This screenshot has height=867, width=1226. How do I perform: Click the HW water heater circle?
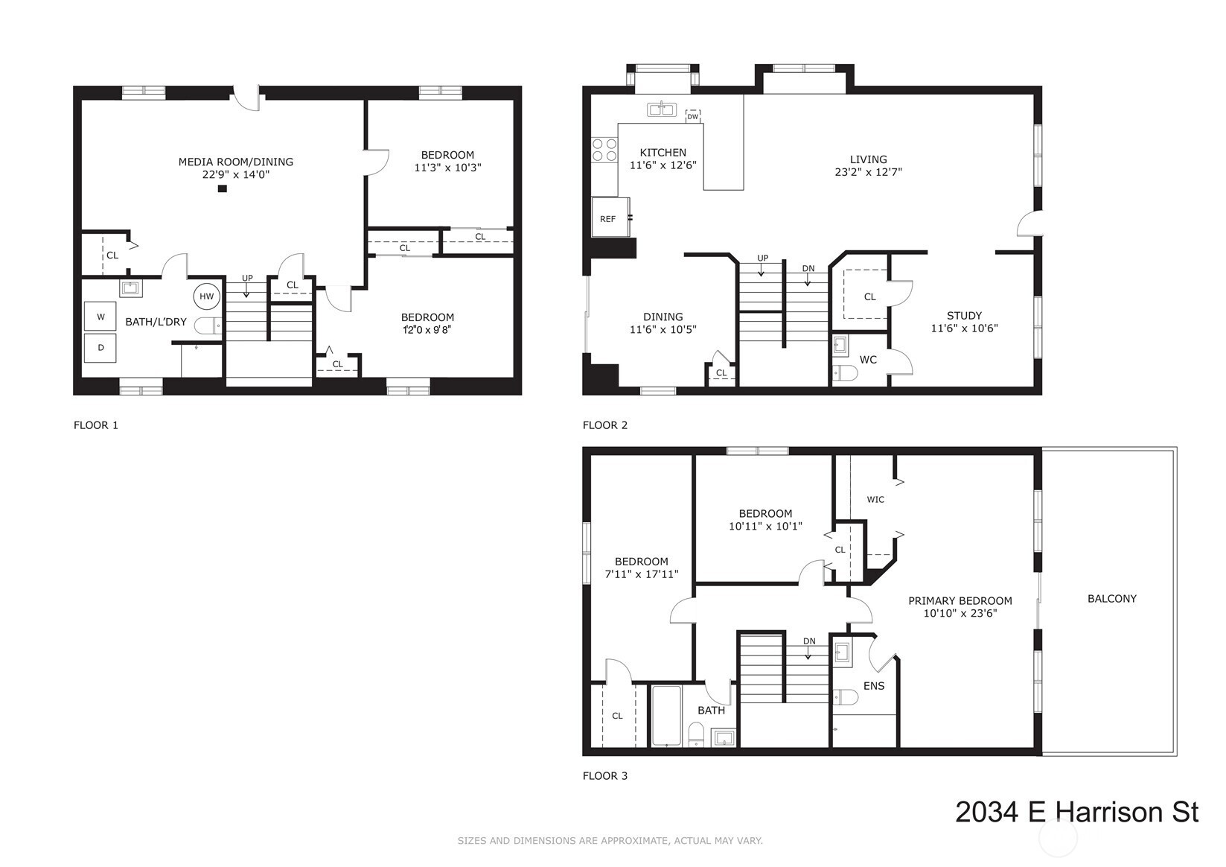206,296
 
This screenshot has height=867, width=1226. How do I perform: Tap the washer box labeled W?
100,316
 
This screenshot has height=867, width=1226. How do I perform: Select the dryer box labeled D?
100,348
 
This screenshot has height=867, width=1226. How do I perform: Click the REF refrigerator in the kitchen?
610,217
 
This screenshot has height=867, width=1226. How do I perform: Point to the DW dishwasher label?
693,117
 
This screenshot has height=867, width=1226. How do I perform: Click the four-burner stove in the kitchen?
604,150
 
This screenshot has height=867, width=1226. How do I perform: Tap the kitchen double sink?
662,109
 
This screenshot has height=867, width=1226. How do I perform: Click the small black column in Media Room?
223,188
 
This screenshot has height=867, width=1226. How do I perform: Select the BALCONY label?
1111,599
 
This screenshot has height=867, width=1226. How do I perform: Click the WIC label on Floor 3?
875,500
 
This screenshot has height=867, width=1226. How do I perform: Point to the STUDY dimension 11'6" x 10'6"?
965,328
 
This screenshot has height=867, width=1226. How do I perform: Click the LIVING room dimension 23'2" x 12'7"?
868,172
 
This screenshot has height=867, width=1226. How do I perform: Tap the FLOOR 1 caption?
96,425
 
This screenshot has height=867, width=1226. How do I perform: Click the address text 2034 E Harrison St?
1076,812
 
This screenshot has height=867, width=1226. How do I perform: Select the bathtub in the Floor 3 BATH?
666,715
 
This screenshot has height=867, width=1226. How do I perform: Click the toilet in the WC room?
845,373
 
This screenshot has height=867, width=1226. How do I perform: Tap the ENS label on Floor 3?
873,686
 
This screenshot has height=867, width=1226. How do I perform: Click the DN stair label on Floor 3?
809,641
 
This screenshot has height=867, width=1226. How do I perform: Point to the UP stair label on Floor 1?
247,278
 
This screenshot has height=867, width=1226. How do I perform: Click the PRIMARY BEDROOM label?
960,601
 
